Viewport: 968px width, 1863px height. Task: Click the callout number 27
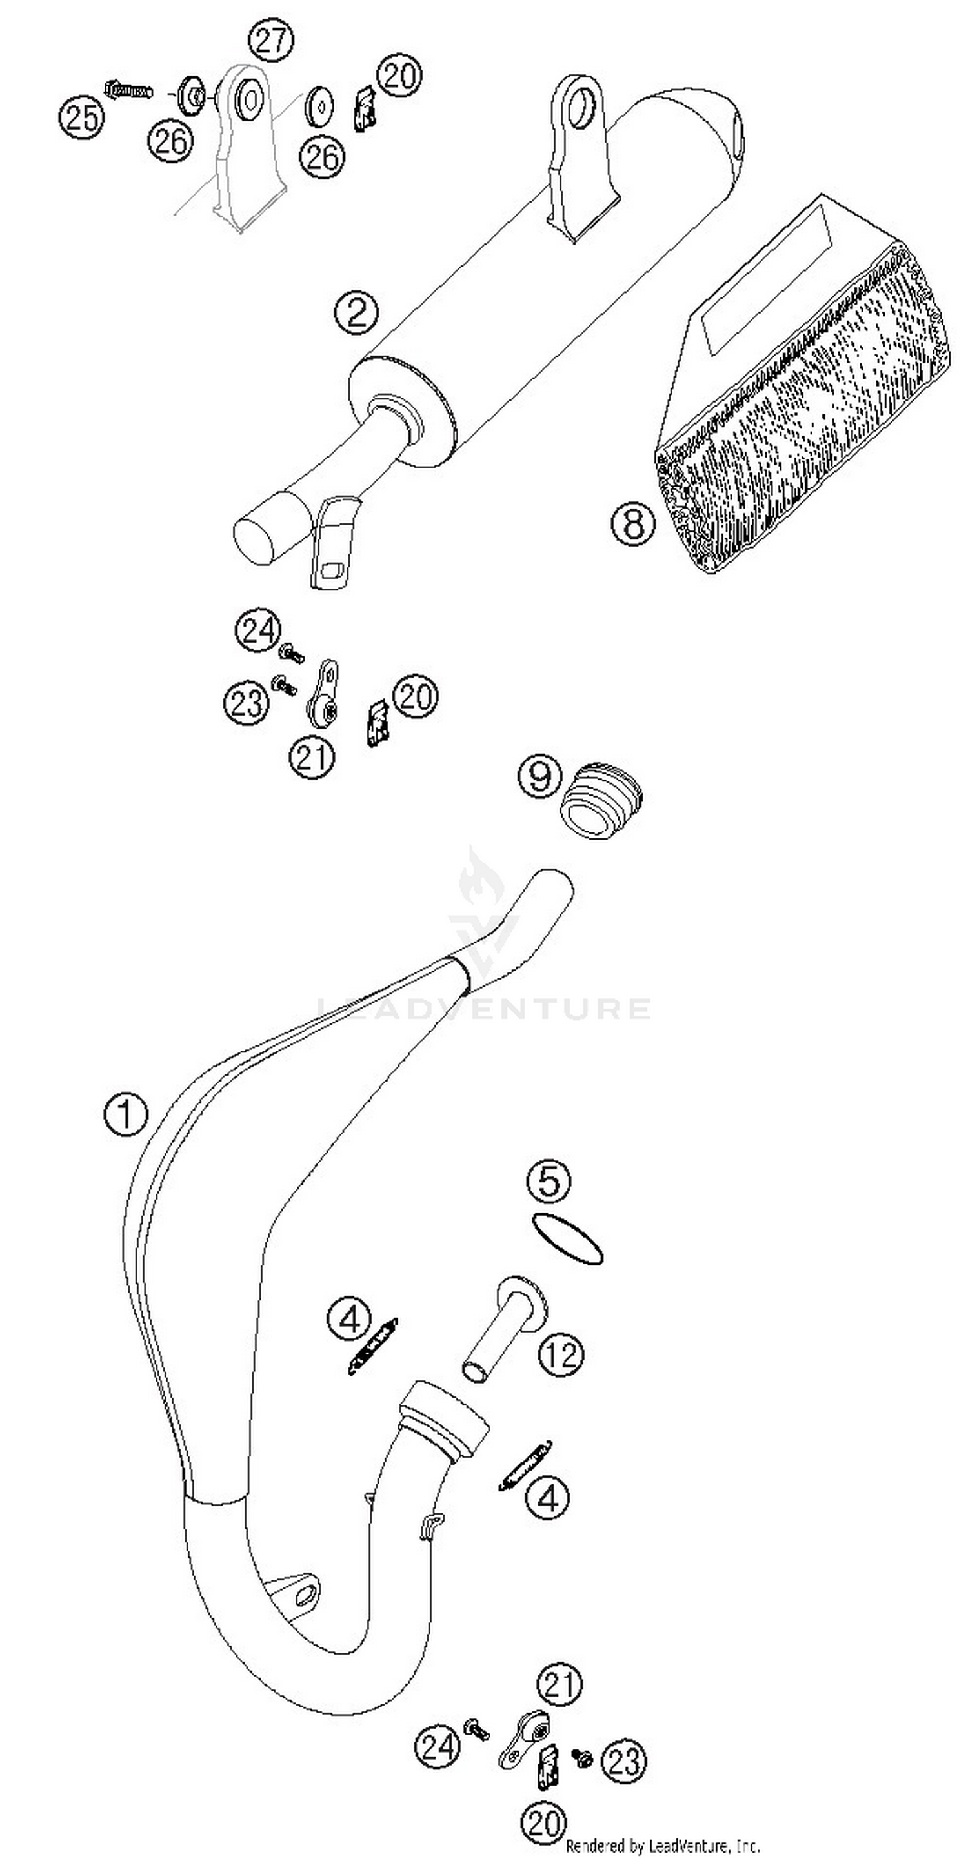coord(271,41)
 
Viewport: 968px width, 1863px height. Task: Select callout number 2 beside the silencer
coord(356,312)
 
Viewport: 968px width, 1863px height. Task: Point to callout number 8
coord(633,522)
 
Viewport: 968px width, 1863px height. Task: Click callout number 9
coord(539,776)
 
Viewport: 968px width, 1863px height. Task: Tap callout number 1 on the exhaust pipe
coord(126,1114)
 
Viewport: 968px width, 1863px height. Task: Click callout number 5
coord(549,1180)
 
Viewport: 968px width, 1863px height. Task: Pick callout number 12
coord(561,1354)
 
